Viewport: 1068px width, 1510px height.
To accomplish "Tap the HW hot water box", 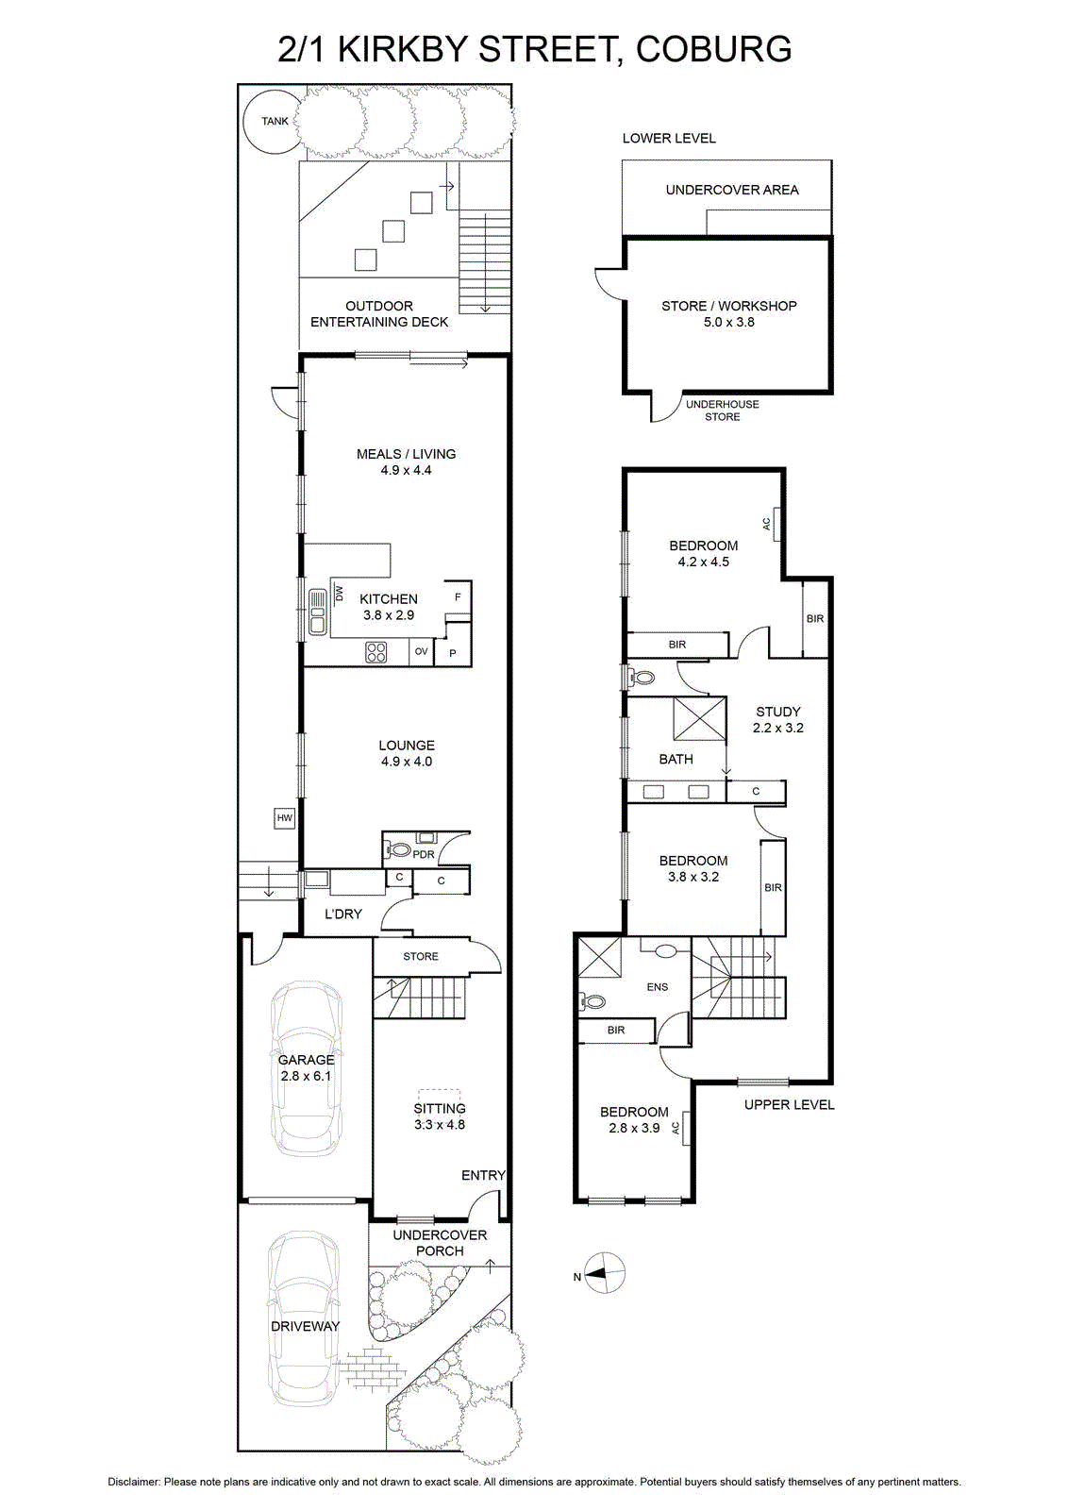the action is click(x=284, y=818).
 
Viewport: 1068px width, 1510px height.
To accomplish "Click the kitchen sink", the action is click(x=317, y=612).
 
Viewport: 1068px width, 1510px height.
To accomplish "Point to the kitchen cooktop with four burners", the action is click(x=376, y=652).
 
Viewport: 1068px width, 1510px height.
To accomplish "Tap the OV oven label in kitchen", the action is click(x=421, y=651).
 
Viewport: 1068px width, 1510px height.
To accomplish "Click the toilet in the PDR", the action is click(x=400, y=850).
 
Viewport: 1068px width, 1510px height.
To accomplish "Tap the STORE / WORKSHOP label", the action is click(x=729, y=306).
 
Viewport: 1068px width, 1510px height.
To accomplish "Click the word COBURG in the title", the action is click(x=713, y=49).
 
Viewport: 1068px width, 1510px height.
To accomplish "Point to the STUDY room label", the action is click(x=778, y=712).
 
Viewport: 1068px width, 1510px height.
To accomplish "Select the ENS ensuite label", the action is click(x=658, y=987).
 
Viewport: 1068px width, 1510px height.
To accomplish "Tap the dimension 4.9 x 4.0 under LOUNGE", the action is click(x=407, y=761).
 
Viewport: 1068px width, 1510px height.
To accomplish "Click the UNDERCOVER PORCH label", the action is click(x=440, y=1243).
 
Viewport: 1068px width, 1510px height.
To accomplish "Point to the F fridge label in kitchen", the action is click(x=459, y=596).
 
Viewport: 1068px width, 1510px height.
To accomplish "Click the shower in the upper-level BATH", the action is click(x=699, y=719).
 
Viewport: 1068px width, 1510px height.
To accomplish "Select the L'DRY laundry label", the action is click(x=343, y=914).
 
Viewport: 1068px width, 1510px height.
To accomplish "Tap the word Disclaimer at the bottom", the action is click(x=134, y=1483).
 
